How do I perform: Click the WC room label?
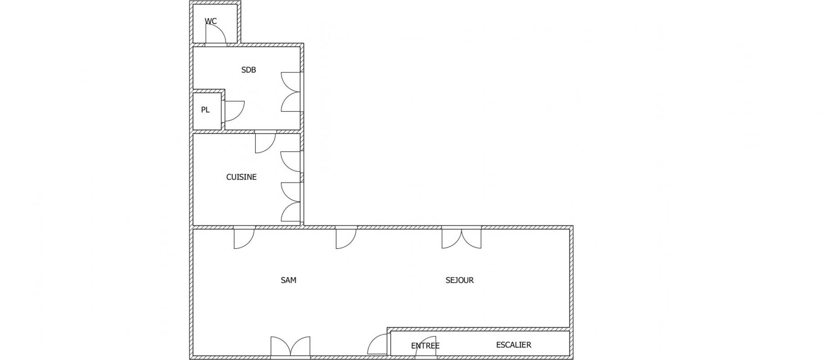(211, 21)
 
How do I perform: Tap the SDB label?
(248, 70)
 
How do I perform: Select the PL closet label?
(205, 110)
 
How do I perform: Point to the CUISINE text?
(241, 177)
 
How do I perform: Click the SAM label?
(289, 280)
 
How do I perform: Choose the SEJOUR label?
(460, 280)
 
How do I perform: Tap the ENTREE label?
(425, 346)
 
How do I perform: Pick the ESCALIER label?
(514, 345)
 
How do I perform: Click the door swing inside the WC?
(216, 34)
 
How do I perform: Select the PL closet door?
(233, 111)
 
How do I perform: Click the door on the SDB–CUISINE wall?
(265, 142)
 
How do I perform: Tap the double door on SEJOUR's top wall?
(461, 237)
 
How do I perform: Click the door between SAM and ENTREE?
(378, 344)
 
